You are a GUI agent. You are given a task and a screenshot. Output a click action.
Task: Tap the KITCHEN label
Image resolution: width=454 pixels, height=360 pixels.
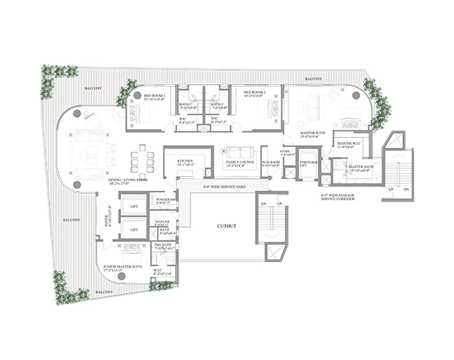[x=184, y=161]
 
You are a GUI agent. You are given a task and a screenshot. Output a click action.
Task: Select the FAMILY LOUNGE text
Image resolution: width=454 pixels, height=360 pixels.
[x=240, y=162]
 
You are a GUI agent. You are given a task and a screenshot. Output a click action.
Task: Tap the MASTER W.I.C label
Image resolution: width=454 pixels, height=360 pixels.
[x=348, y=144]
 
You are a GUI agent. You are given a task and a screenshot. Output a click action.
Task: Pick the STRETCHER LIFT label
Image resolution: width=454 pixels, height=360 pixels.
[x=309, y=163]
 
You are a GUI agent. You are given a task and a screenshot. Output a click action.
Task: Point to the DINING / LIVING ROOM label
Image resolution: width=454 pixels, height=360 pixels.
[x=128, y=181]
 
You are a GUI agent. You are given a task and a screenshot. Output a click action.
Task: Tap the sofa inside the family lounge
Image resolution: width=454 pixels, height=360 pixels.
[x=240, y=151]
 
